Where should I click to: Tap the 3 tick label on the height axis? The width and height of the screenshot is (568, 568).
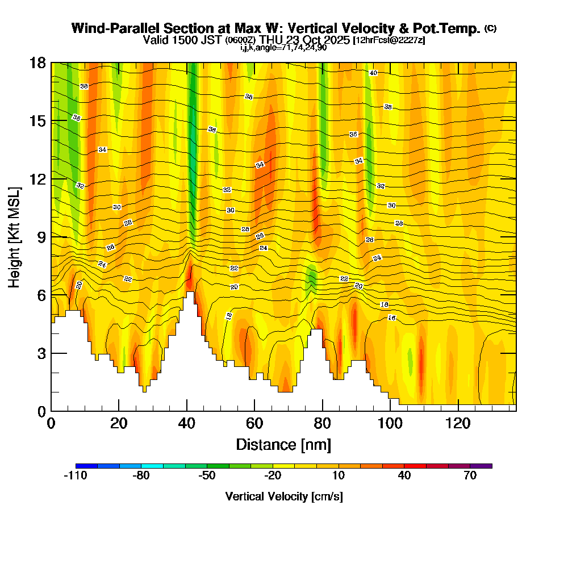click(41, 353)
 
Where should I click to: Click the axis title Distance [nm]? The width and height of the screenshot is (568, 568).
click(283, 444)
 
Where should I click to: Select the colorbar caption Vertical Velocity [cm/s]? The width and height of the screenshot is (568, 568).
click(284, 496)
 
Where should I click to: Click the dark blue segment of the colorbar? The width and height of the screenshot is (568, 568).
click(86, 466)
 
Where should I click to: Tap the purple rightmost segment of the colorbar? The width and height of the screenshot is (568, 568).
click(481, 466)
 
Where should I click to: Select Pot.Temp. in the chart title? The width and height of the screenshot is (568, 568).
click(453, 28)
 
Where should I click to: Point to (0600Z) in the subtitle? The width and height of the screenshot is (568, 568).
click(241, 40)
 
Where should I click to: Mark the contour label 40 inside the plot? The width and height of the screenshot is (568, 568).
click(373, 73)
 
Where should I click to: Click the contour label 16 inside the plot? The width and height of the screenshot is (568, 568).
click(391, 318)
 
